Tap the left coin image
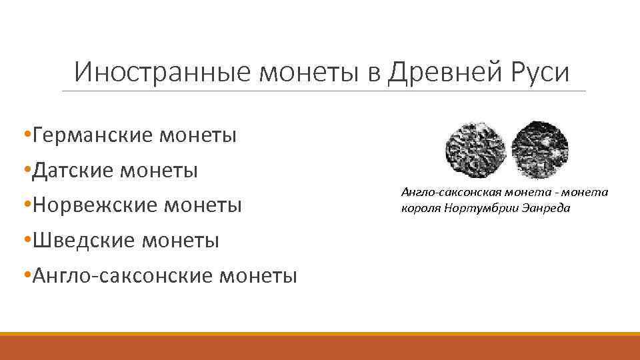(x=475, y=150)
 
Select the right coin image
(x=540, y=150)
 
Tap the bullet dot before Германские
(x=25, y=137)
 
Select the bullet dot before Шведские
(x=25, y=241)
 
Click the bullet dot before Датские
(x=25, y=171)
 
